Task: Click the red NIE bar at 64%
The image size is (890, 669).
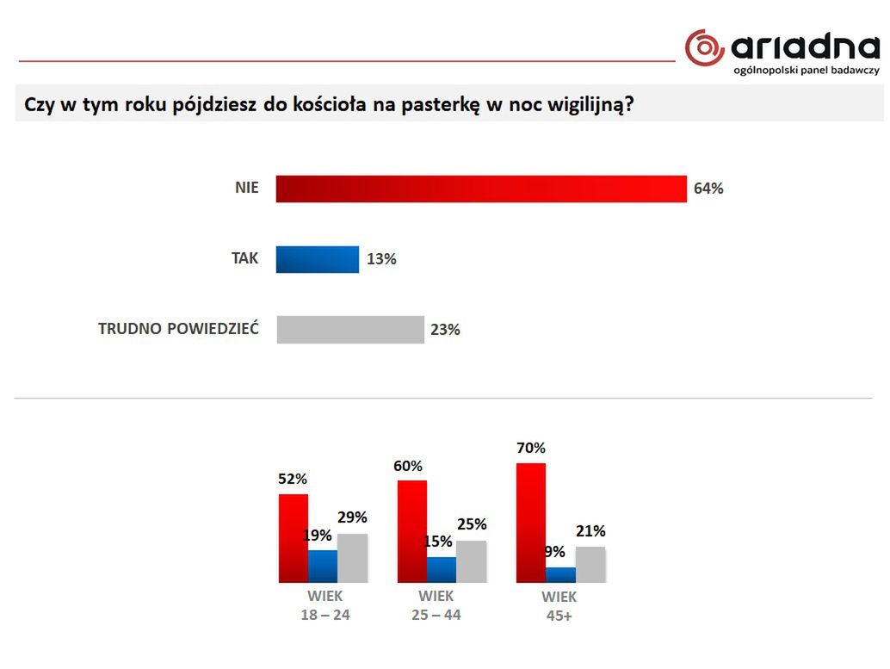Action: pos(480,189)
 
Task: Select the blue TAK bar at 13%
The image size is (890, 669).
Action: pos(317,259)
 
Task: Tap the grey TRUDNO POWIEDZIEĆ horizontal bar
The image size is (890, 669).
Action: pos(350,330)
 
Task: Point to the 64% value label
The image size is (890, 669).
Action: pos(708,189)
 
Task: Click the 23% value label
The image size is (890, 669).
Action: pos(446,330)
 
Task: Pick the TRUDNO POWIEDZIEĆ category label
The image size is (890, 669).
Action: pos(178,329)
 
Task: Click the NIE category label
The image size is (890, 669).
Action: pos(246,188)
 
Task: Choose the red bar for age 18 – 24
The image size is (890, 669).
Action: pos(294,538)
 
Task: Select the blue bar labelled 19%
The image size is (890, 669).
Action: pos(323,566)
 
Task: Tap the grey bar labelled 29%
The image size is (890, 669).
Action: pos(352,557)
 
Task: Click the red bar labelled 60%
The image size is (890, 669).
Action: pos(412,531)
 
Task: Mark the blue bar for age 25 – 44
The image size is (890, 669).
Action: pos(442,569)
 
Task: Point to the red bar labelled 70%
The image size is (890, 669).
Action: pos(530,523)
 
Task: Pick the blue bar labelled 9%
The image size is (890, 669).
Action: pos(560,574)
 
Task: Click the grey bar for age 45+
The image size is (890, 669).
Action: pos(590,564)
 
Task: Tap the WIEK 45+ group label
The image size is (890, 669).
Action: pos(559,606)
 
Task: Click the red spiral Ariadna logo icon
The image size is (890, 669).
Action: pos(705,46)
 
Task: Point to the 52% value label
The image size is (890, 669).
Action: pos(293,479)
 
